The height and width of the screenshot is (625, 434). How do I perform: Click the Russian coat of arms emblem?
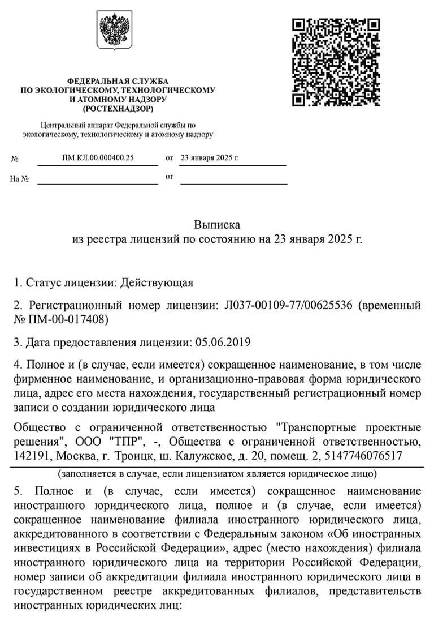tap(114, 32)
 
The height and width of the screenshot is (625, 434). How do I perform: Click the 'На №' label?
tap(20, 179)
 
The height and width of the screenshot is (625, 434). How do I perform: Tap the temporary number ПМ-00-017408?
tap(64, 320)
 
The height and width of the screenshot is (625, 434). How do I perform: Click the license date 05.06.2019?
tap(223, 343)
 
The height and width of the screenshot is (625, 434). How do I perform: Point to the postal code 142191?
tap(30, 456)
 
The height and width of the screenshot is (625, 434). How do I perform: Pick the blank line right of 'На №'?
tap(98, 180)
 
